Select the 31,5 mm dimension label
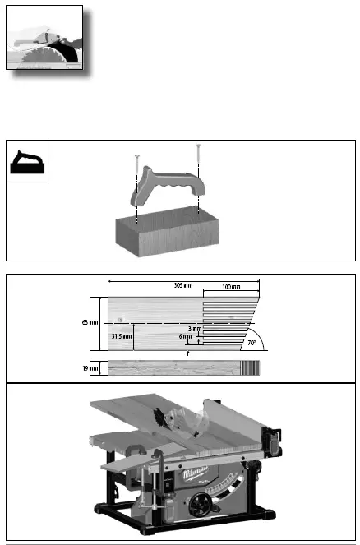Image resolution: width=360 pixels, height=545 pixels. tap(121, 335)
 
